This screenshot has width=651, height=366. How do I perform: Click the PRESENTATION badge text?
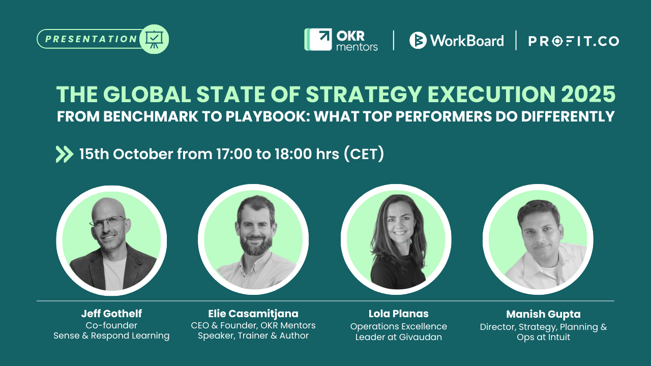pyautogui.click(x=91, y=39)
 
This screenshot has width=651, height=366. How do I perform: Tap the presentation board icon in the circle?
pyautogui.click(x=154, y=39)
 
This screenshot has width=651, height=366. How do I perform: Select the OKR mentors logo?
pyautogui.click(x=341, y=40)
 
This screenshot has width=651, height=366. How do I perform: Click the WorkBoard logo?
pyautogui.click(x=456, y=40)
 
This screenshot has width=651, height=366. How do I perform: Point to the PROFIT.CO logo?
pyautogui.click(x=573, y=41)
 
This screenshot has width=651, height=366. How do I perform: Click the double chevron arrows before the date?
pyautogui.click(x=64, y=154)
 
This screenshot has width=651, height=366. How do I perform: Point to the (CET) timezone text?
pyautogui.click(x=364, y=154)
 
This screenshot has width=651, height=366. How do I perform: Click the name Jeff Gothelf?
pyautogui.click(x=111, y=313)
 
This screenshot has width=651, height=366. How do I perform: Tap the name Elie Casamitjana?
pyautogui.click(x=253, y=313)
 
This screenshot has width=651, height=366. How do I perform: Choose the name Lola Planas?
pyautogui.click(x=398, y=314)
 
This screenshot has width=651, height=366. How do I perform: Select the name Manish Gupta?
pyautogui.click(x=543, y=314)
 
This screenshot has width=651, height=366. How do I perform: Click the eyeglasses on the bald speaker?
pyautogui.click(x=107, y=222)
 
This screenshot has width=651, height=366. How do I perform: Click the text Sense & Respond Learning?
pyautogui.click(x=111, y=335)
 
